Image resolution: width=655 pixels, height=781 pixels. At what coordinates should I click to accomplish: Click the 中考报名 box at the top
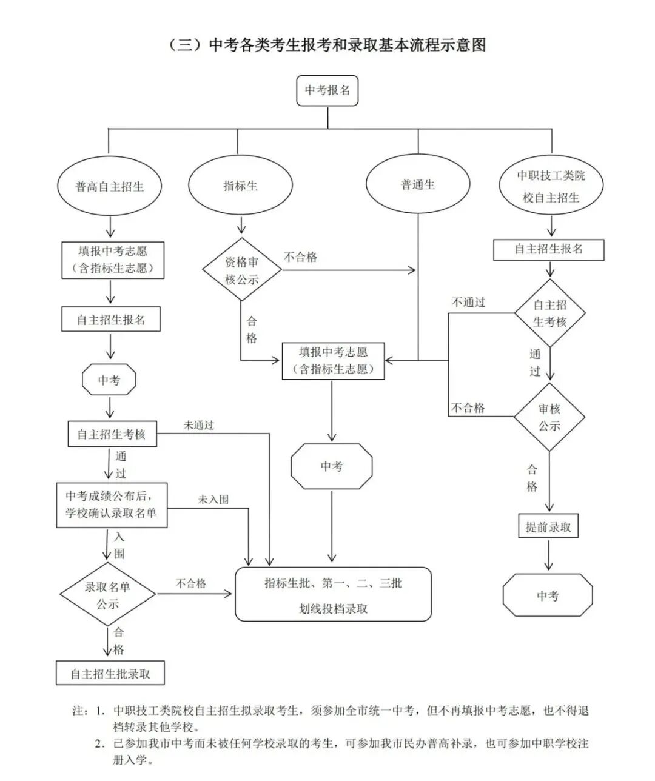[327, 90]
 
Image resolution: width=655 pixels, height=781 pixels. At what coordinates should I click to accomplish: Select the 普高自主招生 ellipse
[110, 186]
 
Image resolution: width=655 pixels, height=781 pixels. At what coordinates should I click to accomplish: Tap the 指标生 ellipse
[241, 186]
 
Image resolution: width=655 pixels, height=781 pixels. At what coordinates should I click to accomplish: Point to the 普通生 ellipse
[418, 184]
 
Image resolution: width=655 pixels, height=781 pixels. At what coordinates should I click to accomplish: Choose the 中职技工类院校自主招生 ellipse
[551, 186]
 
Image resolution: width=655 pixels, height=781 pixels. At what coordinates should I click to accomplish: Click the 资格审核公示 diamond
[242, 270]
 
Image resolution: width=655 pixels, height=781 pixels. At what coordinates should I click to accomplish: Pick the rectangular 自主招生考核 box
[111, 434]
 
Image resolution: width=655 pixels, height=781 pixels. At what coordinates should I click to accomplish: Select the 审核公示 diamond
[549, 417]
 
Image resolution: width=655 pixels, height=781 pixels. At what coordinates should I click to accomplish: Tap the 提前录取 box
[548, 527]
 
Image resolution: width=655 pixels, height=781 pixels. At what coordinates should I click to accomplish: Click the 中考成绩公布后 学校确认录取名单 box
[112, 504]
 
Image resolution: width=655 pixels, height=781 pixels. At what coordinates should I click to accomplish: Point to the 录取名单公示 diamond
[107, 595]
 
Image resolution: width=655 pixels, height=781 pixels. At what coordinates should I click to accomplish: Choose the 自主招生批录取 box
[110, 674]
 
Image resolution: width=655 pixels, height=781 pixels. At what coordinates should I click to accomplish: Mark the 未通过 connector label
[199, 425]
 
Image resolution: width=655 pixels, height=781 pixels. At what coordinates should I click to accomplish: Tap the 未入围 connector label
[213, 500]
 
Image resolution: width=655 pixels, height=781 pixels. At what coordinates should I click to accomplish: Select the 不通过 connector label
[468, 302]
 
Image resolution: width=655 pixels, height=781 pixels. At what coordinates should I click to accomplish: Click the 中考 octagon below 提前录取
[548, 596]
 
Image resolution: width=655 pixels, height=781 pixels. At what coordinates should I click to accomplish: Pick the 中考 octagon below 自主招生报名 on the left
[109, 380]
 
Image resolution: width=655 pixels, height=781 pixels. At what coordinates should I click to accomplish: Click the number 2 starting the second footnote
[98, 744]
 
